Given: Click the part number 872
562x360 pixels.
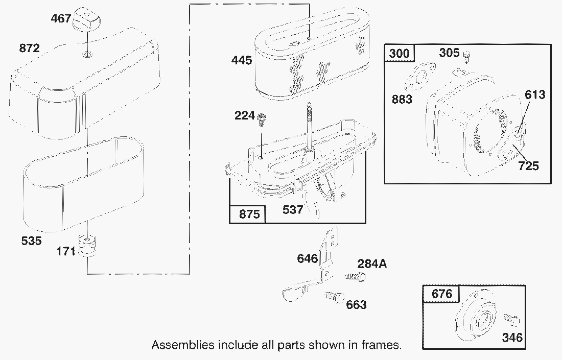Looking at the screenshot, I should coord(30,49).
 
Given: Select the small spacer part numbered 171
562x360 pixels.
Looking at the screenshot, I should coord(88,246).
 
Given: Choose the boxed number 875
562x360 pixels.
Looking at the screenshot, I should coord(248,214).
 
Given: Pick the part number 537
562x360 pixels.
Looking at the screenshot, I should coord(293,210).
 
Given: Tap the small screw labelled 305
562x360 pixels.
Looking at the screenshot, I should coord(467,54).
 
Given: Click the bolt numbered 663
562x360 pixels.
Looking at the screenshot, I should coord(334,297).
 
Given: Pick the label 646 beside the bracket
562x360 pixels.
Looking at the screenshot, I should coord(308,258).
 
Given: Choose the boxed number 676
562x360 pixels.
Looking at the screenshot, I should coord(442,294).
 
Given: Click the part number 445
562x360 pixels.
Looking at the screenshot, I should coord(242,60).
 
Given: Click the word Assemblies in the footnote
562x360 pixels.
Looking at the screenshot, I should coord(183,345).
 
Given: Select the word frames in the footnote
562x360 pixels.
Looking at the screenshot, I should coord(381,345).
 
